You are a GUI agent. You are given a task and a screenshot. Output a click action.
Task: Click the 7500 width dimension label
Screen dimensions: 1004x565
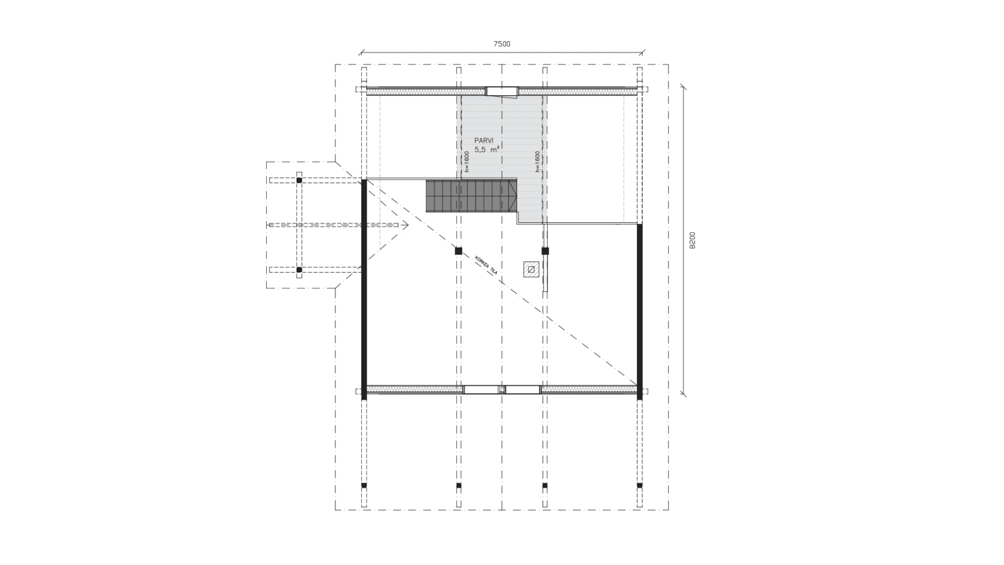pos(502,44)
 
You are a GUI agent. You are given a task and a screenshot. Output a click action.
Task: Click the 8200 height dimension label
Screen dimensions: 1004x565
pos(692,240)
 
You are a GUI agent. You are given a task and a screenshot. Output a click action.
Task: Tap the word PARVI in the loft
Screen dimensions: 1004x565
pos(484,141)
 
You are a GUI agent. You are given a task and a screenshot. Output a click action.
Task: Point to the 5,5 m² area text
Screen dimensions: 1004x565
pos(487,149)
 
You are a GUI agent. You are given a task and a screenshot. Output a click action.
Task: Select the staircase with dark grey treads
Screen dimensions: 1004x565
pos(472,196)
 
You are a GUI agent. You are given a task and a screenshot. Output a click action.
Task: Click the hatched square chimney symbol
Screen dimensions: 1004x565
pos(531,269)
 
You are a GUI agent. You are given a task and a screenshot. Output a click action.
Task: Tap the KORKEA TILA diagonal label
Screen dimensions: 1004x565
pos(486,265)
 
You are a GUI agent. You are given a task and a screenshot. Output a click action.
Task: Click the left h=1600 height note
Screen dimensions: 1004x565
pos(466,162)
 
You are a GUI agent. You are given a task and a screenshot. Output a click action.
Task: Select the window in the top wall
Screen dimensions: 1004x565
pos(502,91)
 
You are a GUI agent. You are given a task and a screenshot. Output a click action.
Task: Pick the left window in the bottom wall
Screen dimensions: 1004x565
pos(482,389)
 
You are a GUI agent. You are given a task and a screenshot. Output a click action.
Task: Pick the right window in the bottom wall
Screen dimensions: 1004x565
pos(522,389)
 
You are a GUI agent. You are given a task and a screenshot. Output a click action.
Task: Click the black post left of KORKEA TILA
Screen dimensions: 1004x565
pos(458,251)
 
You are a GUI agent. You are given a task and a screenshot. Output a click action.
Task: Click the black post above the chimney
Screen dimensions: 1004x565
pos(545,251)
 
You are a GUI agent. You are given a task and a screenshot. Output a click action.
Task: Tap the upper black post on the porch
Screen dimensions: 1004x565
pos(299,180)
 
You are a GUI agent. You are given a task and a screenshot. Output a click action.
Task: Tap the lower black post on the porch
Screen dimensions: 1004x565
pos(299,270)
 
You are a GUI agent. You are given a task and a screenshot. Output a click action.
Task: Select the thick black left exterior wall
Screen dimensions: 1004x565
pos(364,290)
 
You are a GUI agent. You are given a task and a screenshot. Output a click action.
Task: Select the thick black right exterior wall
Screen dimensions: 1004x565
pos(640,312)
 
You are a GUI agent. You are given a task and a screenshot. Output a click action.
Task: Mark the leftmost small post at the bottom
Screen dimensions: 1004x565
pos(364,485)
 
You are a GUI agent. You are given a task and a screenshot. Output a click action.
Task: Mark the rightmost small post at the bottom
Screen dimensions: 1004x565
pos(640,485)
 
